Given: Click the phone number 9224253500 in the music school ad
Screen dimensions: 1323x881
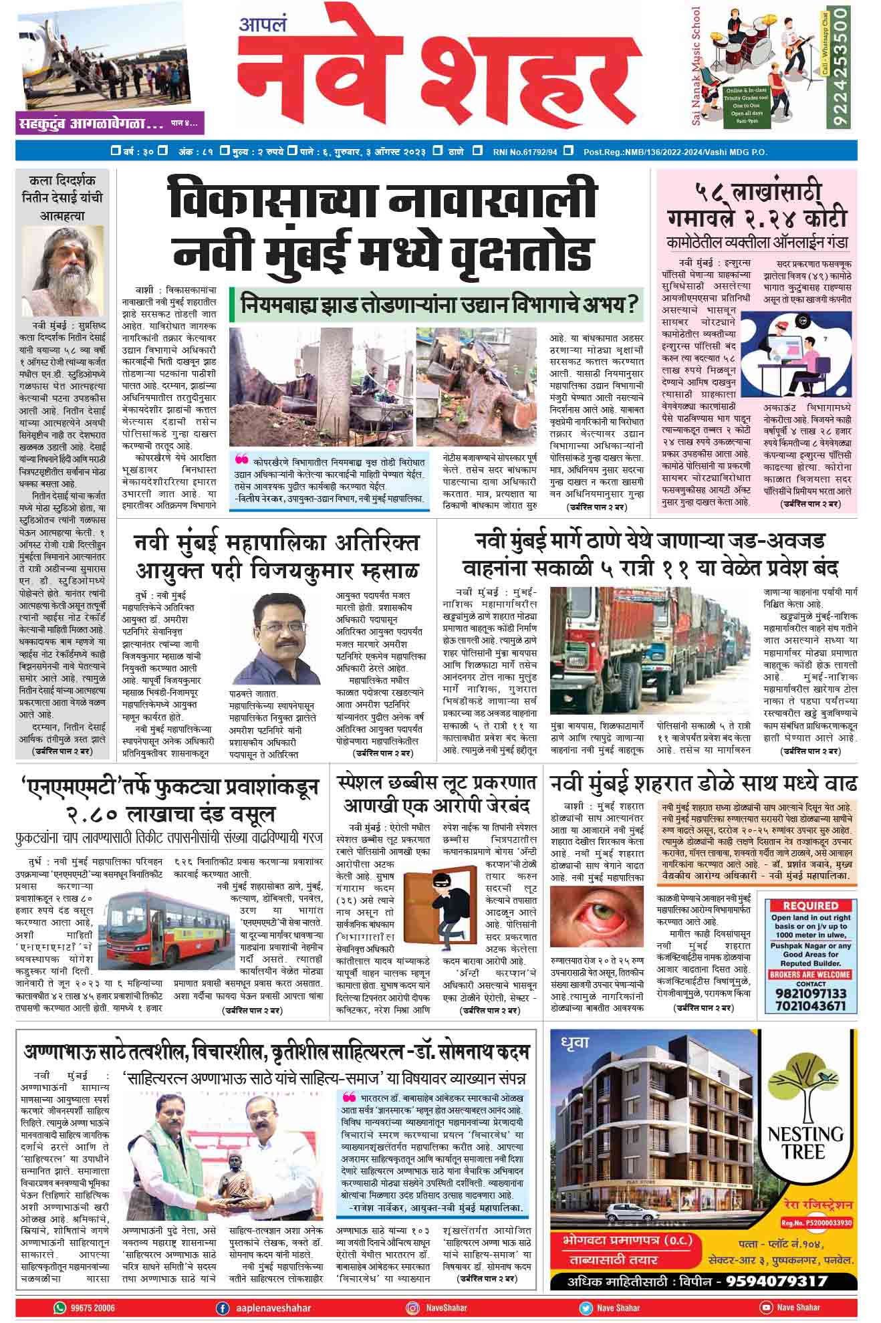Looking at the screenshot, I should coord(840,66).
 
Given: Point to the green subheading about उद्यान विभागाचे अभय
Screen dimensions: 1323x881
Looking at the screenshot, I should coord(436,305).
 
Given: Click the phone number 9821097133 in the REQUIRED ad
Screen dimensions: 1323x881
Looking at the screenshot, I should coord(809,993).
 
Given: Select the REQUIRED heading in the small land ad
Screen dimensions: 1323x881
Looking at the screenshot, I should coord(810,905).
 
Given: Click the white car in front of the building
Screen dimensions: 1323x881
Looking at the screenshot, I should coord(621,1212).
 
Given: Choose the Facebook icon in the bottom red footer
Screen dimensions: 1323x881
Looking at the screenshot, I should coord(223,1308).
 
